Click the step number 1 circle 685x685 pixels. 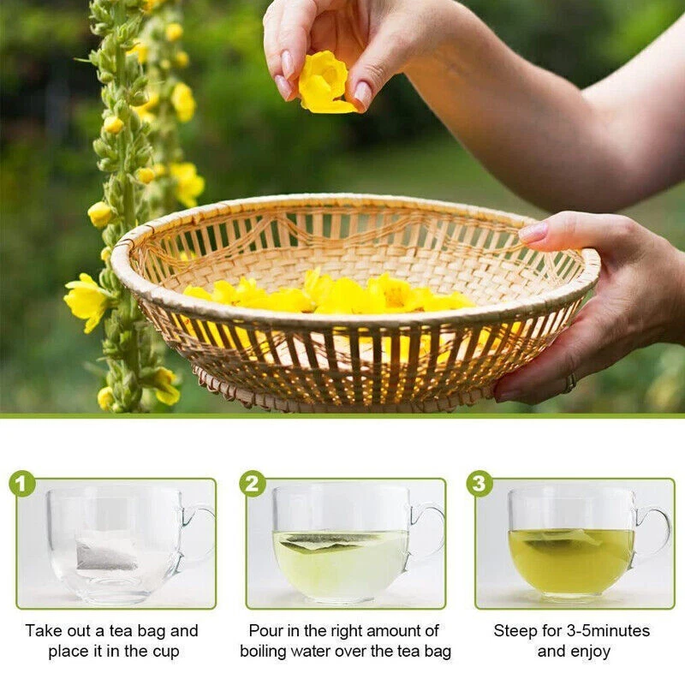pos(22,483)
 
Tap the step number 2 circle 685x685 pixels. pos(253,483)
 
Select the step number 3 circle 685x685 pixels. pos(479,483)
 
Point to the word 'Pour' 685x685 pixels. pos(265,631)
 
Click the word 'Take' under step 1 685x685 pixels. pos(42,631)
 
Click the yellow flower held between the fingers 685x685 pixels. pos(325,82)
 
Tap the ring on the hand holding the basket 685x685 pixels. pos(569,384)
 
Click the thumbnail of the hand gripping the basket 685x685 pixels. pos(533,232)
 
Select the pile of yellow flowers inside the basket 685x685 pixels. pos(329,294)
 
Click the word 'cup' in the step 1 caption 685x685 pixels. pos(166,652)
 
